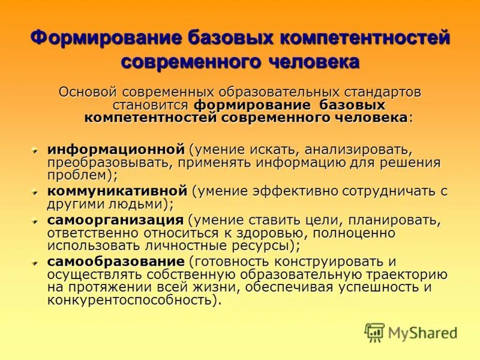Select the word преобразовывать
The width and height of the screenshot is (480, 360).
pyautogui.click(x=103, y=162)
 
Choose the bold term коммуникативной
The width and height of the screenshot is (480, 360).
pyautogui.click(x=118, y=191)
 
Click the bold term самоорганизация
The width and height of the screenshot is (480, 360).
pyautogui.click(x=115, y=220)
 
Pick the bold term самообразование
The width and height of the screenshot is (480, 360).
pyautogui.click(x=116, y=262)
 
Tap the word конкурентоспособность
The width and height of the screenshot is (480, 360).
pyautogui.click(x=131, y=299)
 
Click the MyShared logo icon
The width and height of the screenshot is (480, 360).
pyautogui.click(x=374, y=331)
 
